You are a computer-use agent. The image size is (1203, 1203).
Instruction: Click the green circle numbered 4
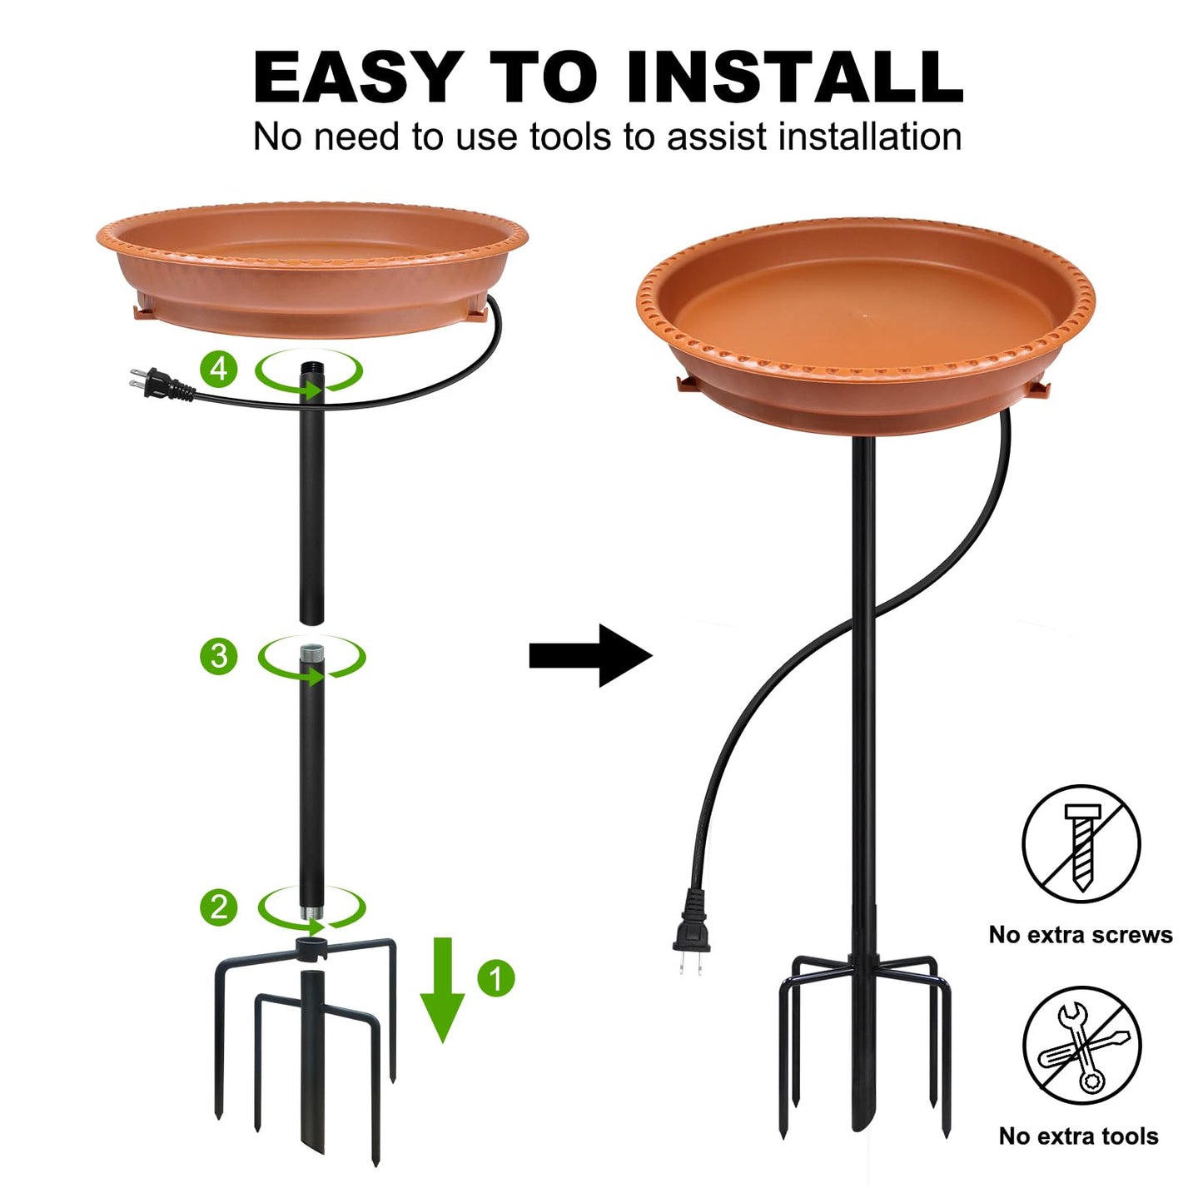pos(219,368)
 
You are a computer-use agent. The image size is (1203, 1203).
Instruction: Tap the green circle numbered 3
pos(219,656)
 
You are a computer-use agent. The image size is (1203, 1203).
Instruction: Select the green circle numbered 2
pos(219,907)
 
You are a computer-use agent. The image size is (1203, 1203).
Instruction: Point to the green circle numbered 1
pos(496,978)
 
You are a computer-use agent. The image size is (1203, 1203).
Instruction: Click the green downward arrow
pos(442,991)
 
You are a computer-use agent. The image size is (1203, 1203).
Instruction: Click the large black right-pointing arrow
pos(590,655)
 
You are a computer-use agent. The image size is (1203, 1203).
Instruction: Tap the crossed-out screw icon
pos(1081,843)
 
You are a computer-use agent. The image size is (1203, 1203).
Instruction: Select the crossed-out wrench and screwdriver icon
pos(1081,1046)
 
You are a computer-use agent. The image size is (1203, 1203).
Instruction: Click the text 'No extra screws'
pos(1081,935)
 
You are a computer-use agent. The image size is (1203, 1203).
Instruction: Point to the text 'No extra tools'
pos(1079,1136)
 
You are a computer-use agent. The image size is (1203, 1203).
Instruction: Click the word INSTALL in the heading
pos(795,77)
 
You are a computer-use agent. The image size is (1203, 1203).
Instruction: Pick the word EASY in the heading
pos(358,77)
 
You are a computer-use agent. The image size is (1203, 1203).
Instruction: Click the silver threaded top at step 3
pos(311,654)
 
